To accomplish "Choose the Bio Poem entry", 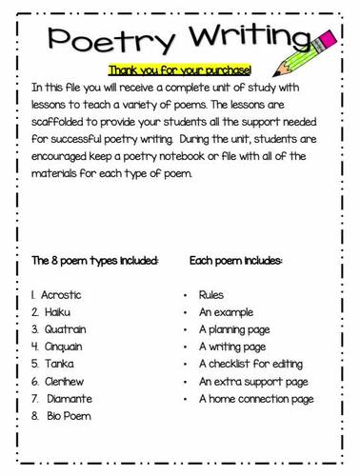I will [x=68, y=415].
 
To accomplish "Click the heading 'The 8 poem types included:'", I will [x=94, y=259].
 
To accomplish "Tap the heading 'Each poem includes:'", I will [x=236, y=259].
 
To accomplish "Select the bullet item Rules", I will [x=212, y=295].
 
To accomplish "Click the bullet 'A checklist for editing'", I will [x=250, y=364].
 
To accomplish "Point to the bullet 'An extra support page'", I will [x=252, y=381].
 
